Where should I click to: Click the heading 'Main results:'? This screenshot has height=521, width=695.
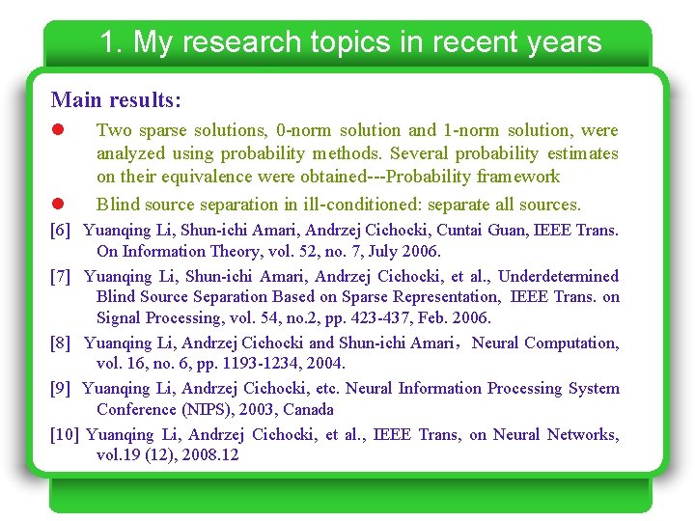(116, 99)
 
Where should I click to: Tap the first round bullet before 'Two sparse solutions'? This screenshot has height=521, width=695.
(57, 130)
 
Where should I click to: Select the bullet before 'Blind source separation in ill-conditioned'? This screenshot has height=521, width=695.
(57, 205)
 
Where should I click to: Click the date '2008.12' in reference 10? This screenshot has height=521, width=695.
(210, 455)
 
